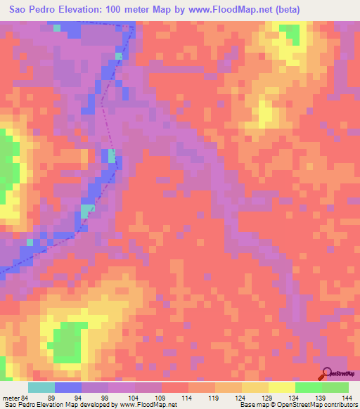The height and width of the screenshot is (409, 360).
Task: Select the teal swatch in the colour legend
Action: coord(41,387)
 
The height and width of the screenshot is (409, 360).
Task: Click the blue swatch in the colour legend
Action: coord(68,387)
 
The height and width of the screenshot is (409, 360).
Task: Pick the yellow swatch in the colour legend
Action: coord(282,387)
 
